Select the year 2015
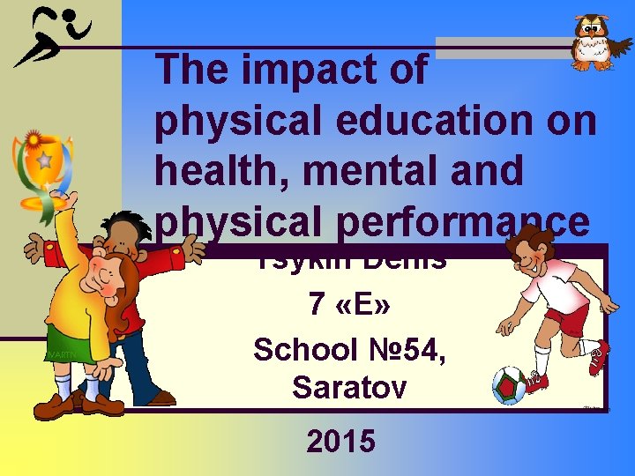(x=341, y=441)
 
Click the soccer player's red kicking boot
(x=600, y=356)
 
